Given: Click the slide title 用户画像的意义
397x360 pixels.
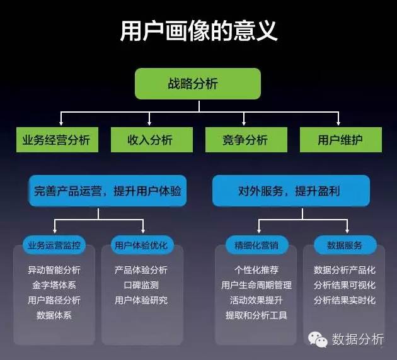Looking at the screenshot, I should pos(198,30).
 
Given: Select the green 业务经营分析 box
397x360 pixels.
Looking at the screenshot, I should pos(57,140).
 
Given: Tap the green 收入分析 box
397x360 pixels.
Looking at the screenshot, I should pos(150,140).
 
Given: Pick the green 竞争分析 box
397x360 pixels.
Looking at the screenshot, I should pos(245,140).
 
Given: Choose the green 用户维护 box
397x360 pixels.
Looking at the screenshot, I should pos(340,140).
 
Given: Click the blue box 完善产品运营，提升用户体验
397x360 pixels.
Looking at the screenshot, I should pos(108,191).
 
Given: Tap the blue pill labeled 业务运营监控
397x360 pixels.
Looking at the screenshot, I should pos(54,245).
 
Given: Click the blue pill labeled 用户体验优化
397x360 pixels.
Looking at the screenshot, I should pos(141,245).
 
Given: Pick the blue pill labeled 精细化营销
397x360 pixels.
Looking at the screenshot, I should pos(256,245).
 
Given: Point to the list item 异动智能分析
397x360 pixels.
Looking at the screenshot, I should pos(54,270).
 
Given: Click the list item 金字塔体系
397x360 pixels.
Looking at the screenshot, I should pos(54,285).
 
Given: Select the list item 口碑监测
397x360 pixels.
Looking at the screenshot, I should pos(141,285).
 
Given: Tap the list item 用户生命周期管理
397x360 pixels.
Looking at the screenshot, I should pos(256,285).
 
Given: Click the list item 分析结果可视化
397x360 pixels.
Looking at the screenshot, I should pos(344,285).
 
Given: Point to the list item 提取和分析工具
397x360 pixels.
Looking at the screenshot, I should pos(256,315).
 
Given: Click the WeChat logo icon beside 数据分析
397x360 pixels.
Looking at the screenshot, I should pos(317,340).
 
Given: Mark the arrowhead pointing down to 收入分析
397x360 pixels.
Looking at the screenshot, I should pos(150,123).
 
